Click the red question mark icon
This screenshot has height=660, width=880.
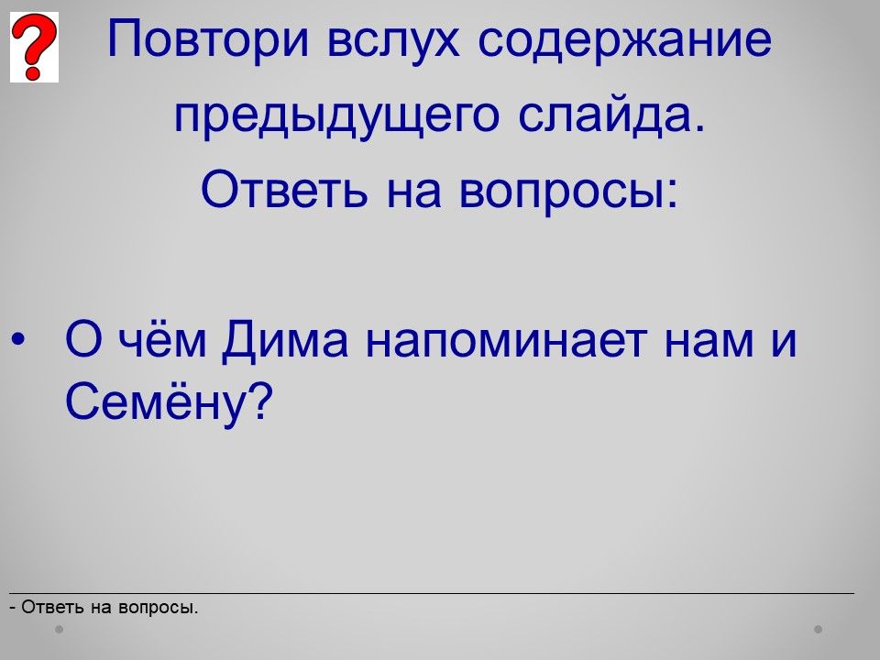pos(34,47)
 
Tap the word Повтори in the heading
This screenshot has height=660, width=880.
pos(208,39)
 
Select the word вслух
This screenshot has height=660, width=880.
pos(393,40)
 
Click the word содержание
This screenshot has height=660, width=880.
pos(624,40)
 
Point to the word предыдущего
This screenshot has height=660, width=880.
pos(336,116)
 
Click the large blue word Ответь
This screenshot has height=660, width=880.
pos(284,189)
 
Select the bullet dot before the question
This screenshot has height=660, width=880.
pos(18,340)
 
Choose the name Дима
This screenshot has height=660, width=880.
pos(285,341)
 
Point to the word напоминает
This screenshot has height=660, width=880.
pos(506,341)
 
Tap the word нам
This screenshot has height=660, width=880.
pos(709,341)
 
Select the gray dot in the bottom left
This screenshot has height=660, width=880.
pos(59,629)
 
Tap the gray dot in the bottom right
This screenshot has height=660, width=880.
pos(819,629)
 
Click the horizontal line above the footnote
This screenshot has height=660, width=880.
pos(432,593)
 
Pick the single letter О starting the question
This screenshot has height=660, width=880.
pos(83,339)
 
